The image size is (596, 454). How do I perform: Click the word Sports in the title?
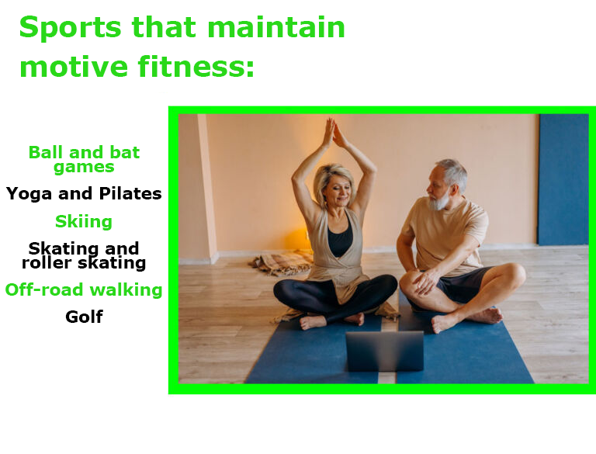pyautogui.click(x=71, y=28)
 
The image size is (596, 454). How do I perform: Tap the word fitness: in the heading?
pyautogui.click(x=196, y=67)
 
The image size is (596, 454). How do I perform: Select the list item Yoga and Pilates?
pyautogui.click(x=84, y=194)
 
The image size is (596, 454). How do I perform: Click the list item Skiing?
pyautogui.click(x=84, y=221)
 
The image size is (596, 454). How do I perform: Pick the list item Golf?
pyautogui.click(x=84, y=317)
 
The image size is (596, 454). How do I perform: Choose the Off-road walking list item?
pyautogui.click(x=84, y=289)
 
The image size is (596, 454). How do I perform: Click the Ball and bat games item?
pyautogui.click(x=84, y=159)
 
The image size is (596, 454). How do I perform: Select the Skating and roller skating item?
pyautogui.click(x=84, y=255)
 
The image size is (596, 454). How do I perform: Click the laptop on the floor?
pyautogui.click(x=385, y=351)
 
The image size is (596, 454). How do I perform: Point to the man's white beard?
pyautogui.click(x=439, y=200)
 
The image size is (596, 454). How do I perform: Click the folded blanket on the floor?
pyautogui.click(x=282, y=262)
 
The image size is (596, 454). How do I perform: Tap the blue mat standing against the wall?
pyautogui.click(x=563, y=179)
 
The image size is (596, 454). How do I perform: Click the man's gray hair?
pyautogui.click(x=453, y=173)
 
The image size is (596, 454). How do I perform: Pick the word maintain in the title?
pyautogui.click(x=276, y=27)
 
